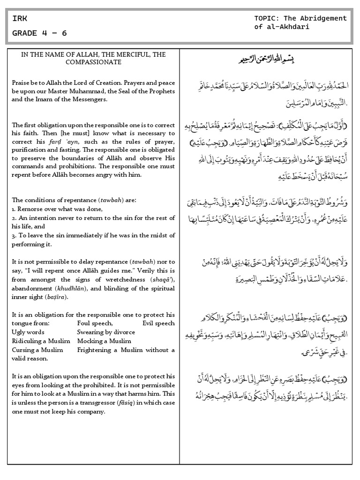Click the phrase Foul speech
point(95,323)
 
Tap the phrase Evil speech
point(158,323)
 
